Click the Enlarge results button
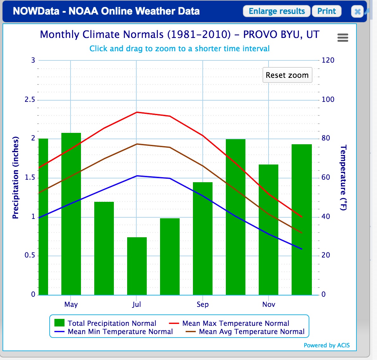click(276, 11)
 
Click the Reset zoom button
click(287, 75)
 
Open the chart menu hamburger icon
click(343, 38)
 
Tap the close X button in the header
click(357, 12)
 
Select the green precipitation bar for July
click(137, 266)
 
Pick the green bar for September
click(202, 239)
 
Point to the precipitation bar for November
click(268, 230)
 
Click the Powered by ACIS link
click(326, 345)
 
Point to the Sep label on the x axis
click(202, 304)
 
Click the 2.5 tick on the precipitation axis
click(30, 100)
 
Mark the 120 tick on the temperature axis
click(328, 60)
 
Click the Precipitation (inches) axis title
click(15, 177)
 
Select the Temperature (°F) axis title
click(343, 177)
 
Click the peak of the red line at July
click(137, 112)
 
